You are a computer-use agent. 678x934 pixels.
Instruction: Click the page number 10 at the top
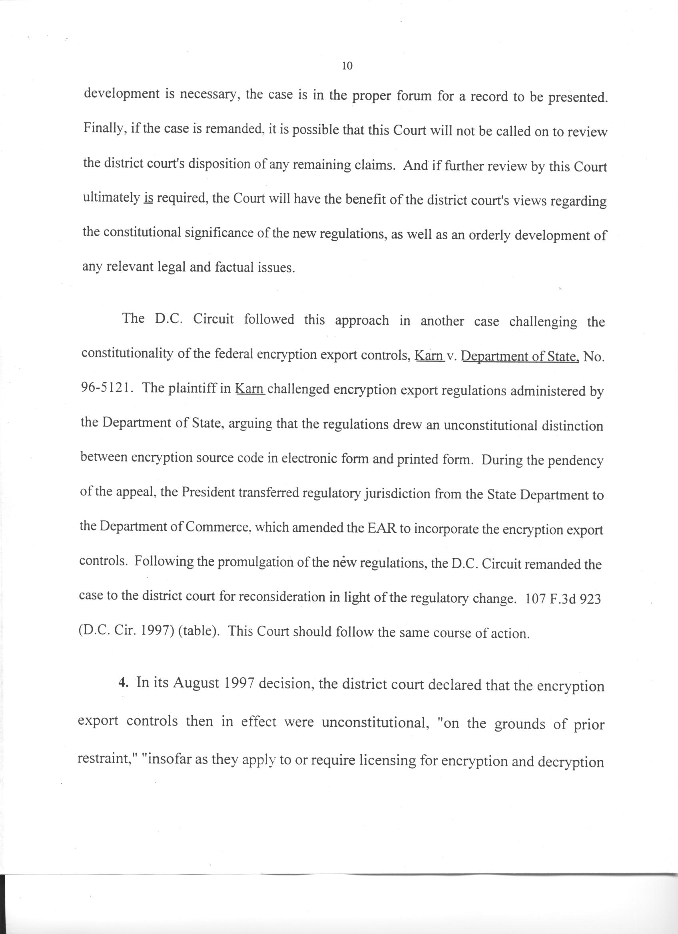347,65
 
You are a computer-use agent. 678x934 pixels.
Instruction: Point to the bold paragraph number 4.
122,682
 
